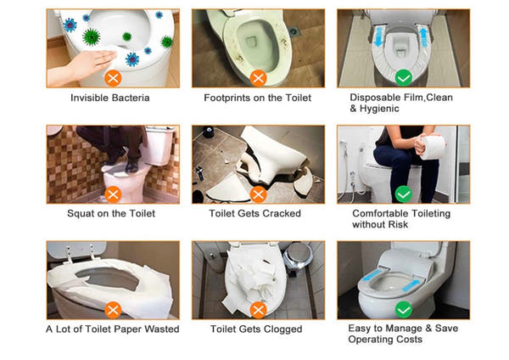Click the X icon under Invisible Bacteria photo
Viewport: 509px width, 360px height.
coord(113,78)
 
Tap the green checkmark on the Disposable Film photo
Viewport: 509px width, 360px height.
coord(404,78)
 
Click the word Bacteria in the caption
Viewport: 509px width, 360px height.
coord(131,98)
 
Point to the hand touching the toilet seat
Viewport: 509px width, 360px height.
coord(83,66)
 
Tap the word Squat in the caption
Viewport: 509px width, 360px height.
coord(78,214)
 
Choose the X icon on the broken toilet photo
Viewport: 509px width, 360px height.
coord(259,194)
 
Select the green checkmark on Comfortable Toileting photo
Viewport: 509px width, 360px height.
coord(404,194)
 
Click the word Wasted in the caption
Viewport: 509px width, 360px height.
coord(162,329)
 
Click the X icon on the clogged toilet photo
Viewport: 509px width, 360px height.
coord(259,310)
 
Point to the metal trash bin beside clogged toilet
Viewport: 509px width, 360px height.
coord(298,257)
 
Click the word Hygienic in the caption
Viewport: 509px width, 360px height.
coord(379,109)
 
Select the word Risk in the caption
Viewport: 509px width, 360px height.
coord(398,224)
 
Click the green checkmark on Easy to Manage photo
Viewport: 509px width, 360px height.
coord(404,310)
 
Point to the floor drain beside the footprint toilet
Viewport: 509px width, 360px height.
coord(294,31)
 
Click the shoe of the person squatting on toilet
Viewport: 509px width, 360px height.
coord(131,166)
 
